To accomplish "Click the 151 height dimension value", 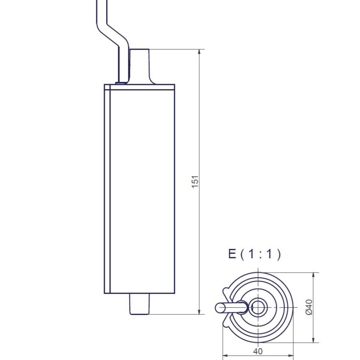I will point(195,181).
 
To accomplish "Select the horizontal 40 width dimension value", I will point(258,351).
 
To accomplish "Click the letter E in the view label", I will point(232,254).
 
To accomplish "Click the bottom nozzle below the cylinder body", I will point(139,304).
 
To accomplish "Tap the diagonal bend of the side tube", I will point(110,31).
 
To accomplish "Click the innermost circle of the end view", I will point(258,307).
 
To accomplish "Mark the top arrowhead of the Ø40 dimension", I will point(313,276).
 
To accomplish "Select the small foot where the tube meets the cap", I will point(121,83).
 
